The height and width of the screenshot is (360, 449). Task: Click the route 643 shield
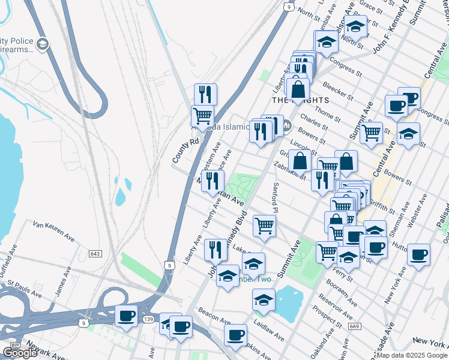tap(95, 254)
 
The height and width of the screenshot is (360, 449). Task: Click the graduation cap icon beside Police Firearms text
tap(43, 44)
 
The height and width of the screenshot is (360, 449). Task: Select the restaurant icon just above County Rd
tap(205, 94)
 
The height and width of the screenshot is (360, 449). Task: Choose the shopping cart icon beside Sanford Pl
tap(264, 226)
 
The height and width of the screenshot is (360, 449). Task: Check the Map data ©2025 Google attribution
tap(411, 355)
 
